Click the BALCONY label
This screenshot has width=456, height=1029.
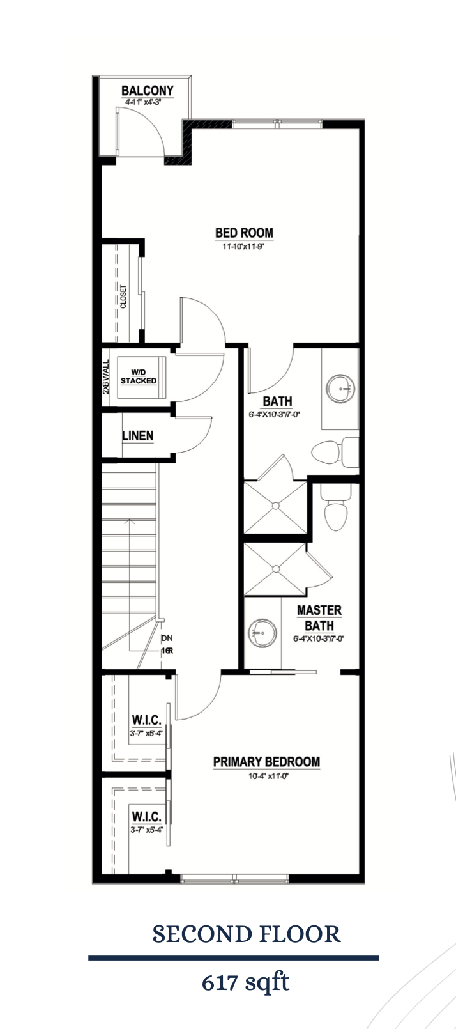[148, 91]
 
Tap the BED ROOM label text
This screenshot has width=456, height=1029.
[244, 233]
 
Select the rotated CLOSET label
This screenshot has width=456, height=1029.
[123, 297]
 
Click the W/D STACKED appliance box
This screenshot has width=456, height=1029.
[139, 377]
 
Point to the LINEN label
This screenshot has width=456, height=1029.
[137, 436]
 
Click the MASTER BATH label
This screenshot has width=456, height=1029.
[319, 618]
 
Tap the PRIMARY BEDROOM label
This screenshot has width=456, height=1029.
[266, 762]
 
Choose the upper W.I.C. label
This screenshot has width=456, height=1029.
[146, 720]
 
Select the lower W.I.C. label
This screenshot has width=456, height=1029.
[146, 817]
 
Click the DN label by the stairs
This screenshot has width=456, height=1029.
[167, 638]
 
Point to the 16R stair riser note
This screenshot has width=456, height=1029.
[167, 651]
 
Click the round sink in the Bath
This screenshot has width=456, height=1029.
[340, 388]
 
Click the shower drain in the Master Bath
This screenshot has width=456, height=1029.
[276, 568]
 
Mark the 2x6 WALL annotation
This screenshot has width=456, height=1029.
[106, 376]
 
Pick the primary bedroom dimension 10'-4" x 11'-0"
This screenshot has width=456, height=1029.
[266, 777]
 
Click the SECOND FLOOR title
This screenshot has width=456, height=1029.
[247, 934]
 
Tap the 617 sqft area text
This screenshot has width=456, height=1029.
[246, 981]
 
